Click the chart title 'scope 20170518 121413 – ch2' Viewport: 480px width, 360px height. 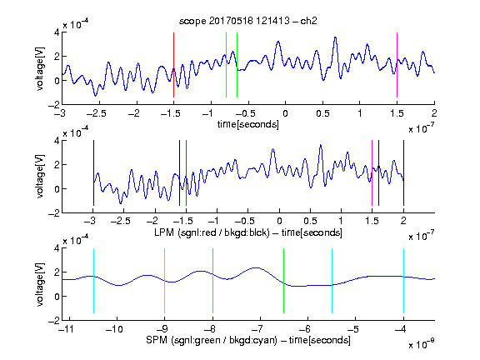pyautogui.click(x=247, y=21)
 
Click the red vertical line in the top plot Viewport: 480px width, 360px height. pyautogui.click(x=173, y=65)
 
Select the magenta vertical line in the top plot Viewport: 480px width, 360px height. pyautogui.click(x=397, y=65)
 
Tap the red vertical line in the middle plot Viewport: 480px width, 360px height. pyautogui.click(x=186, y=173)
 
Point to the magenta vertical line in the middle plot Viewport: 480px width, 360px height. pyautogui.click(x=372, y=173)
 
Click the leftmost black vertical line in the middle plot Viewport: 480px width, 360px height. pyautogui.click(x=93, y=173)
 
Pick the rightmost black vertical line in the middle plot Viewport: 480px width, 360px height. pyautogui.click(x=403, y=173)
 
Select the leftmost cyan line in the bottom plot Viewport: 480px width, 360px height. pyautogui.click(x=93, y=281)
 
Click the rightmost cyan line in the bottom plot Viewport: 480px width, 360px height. pyautogui.click(x=403, y=281)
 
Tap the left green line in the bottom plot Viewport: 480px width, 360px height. pyautogui.click(x=212, y=281)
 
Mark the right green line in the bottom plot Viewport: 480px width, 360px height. pyautogui.click(x=284, y=281)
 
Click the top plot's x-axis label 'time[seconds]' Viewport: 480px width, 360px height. pyautogui.click(x=248, y=124)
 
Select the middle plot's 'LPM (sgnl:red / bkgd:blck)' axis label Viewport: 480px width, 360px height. pyautogui.click(x=212, y=232)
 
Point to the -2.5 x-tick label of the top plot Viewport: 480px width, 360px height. pyautogui.click(x=97, y=113)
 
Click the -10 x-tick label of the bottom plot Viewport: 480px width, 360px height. pyautogui.click(x=114, y=329)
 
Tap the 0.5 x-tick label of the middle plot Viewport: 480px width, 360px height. pyautogui.click(x=310, y=221)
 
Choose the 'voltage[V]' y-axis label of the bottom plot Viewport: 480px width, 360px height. pyautogui.click(x=40, y=284)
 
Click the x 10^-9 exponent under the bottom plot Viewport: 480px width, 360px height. pyautogui.click(x=421, y=344)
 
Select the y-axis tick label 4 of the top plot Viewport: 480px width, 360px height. pyautogui.click(x=57, y=32)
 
